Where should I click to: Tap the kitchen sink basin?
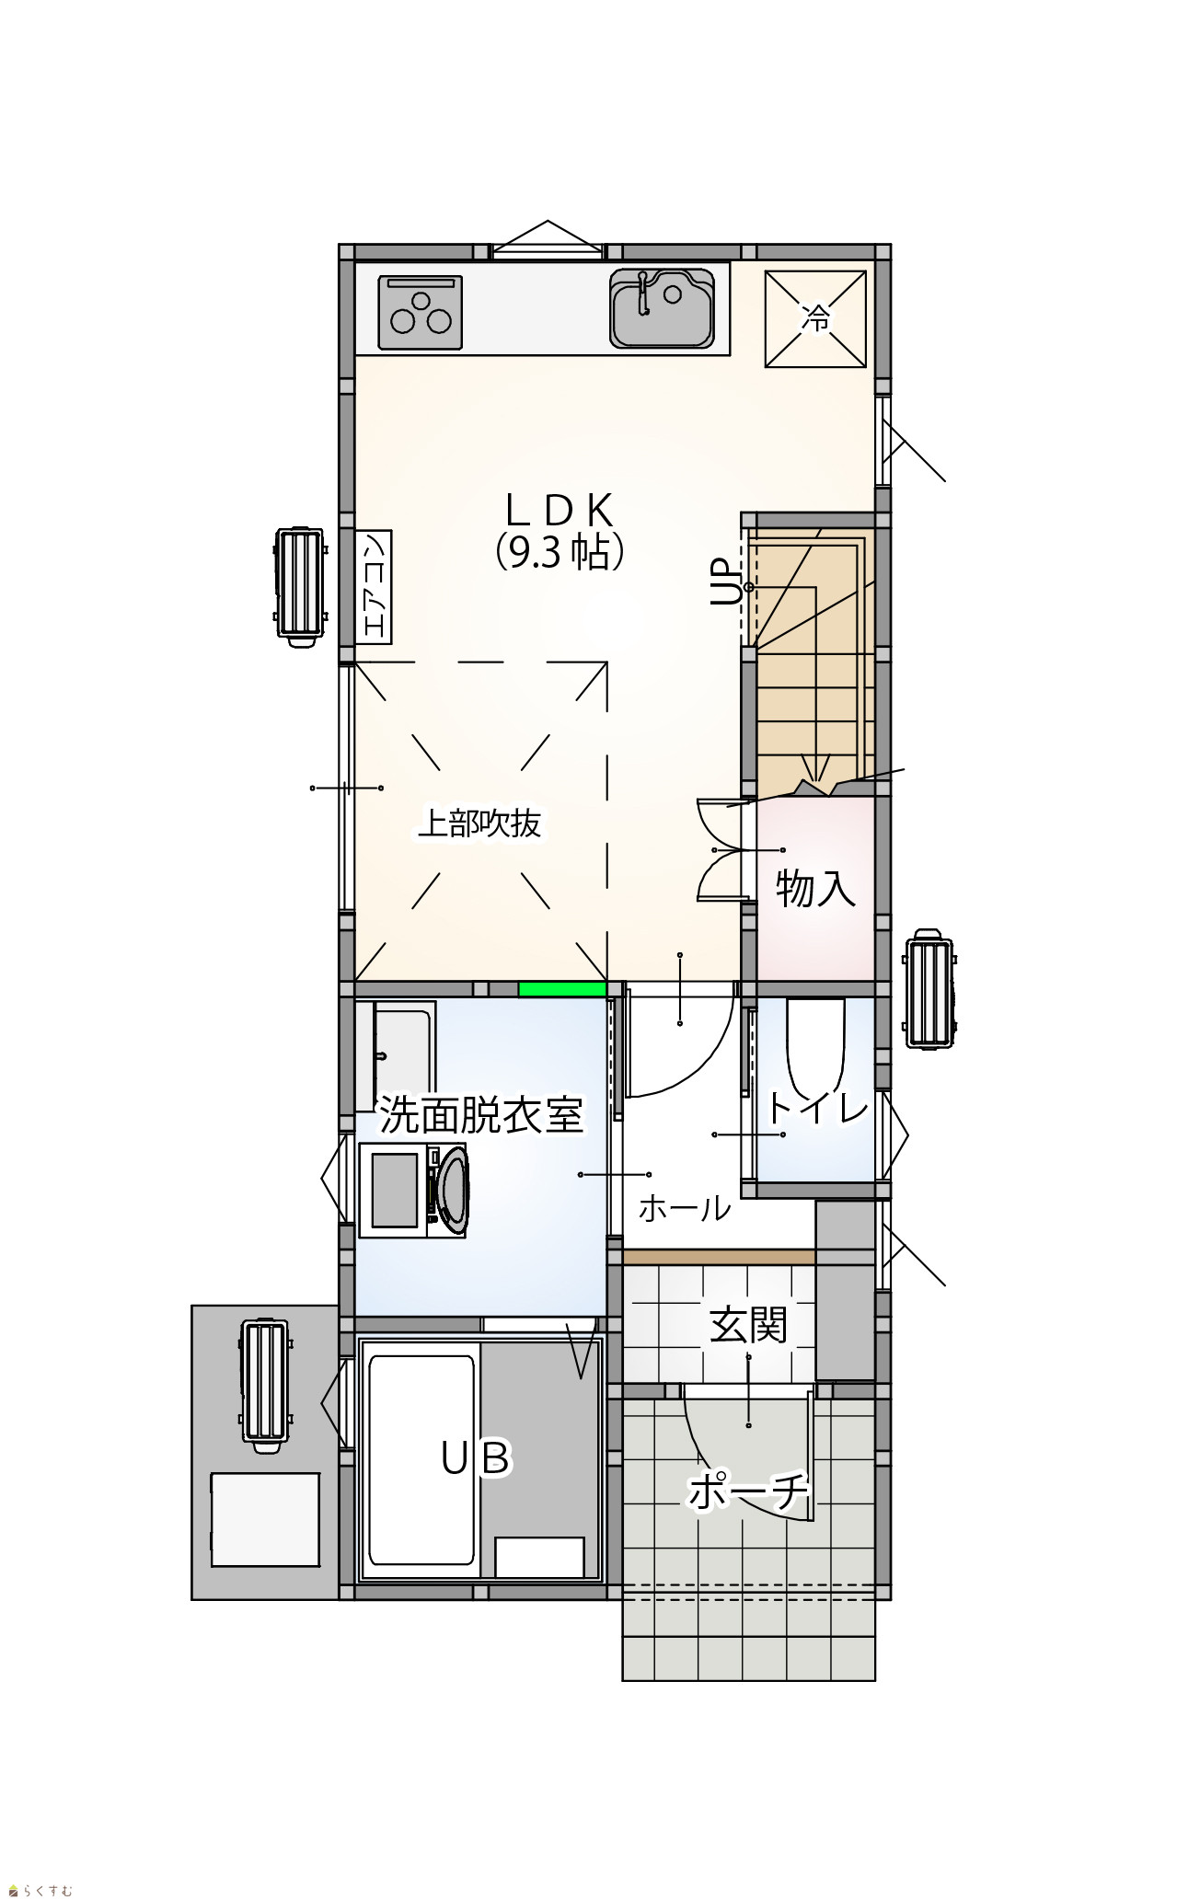pos(662,308)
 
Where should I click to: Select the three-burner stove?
pos(421,313)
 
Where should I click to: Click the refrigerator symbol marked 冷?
pos(816,319)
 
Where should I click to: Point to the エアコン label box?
pos(374,587)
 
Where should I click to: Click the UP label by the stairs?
pos(725,582)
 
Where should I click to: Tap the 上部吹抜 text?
pos(479,823)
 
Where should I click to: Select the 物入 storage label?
pos(815,889)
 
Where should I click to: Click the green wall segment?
pos(562,989)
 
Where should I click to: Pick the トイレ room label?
pos(817,1108)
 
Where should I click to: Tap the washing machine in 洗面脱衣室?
pos(412,1191)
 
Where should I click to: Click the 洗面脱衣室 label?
pos(482,1115)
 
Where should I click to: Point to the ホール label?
pos(685,1208)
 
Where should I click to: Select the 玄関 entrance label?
pos(748,1326)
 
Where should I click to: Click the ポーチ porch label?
pos(748,1491)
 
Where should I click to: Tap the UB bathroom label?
pos(475,1458)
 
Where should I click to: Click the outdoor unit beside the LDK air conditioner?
pos(299,586)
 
